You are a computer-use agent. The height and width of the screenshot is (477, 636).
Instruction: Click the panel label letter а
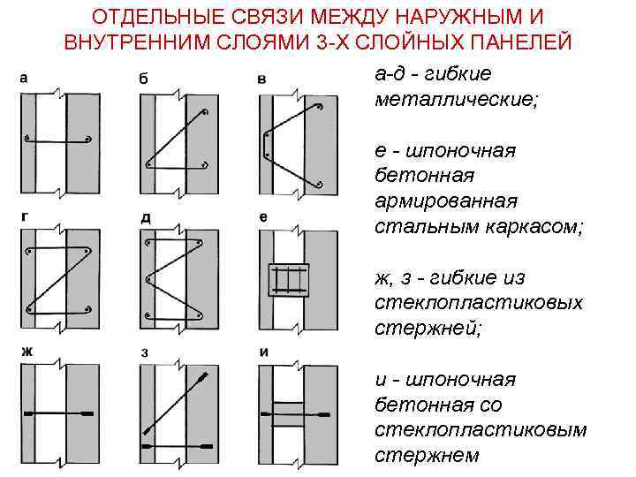(24, 78)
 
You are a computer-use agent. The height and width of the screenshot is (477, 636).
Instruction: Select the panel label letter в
(261, 79)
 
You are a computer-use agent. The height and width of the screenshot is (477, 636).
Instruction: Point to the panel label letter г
(23, 215)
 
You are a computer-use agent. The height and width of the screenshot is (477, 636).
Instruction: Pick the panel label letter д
(145, 216)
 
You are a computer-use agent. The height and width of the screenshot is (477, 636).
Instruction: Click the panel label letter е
(262, 216)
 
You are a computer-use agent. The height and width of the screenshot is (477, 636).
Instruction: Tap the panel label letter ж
(26, 351)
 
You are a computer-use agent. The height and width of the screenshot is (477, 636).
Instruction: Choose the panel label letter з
(144, 352)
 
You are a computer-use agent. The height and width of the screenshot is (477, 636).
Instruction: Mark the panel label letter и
(263, 352)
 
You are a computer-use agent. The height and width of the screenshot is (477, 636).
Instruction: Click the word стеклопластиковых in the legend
(478, 303)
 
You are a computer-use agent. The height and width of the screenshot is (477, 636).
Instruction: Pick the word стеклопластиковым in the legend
(481, 430)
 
